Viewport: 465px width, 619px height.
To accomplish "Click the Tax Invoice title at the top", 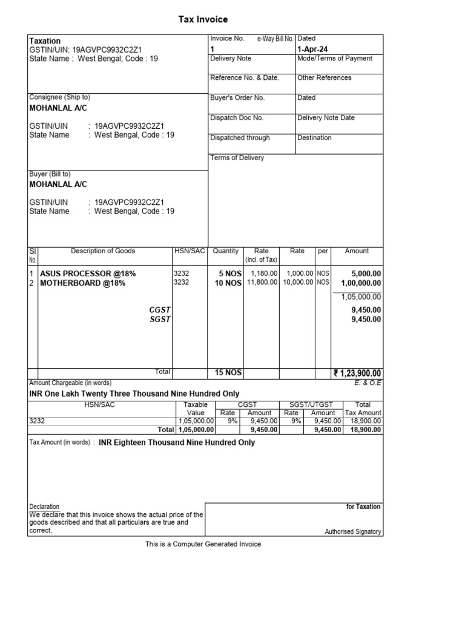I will (203, 19).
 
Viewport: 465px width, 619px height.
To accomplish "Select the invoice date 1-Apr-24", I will (312, 49).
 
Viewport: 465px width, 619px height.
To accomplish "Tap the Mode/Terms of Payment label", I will (335, 59).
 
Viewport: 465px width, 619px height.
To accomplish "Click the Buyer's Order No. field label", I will (237, 98).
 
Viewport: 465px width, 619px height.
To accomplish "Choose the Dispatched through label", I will (240, 138).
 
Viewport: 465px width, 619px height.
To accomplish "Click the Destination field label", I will (314, 138).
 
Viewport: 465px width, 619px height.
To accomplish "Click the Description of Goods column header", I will (103, 251).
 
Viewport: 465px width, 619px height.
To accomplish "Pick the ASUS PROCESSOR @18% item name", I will (88, 274).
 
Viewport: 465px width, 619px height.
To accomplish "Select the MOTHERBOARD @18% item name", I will (82, 283).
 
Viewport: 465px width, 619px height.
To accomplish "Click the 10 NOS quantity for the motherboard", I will (228, 283).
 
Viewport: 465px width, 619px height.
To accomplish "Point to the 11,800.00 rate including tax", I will (263, 282).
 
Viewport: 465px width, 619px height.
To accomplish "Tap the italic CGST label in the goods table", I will (160, 310).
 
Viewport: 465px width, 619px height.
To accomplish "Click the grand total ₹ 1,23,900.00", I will (357, 374).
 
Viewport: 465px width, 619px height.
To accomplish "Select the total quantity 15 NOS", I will (228, 373).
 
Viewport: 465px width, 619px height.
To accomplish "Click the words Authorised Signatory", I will (353, 532).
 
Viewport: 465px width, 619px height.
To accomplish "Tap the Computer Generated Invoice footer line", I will (203, 544).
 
